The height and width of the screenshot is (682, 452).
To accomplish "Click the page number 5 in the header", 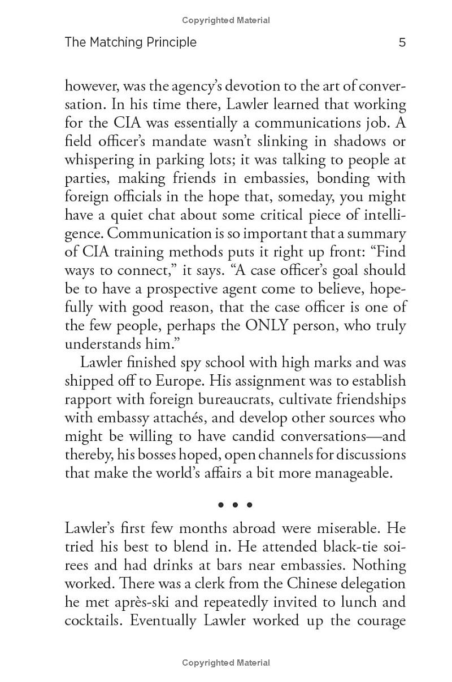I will pos(402,42).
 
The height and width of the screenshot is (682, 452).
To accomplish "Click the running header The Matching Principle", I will pos(131,42).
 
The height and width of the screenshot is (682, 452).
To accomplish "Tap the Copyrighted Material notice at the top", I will pos(226,20).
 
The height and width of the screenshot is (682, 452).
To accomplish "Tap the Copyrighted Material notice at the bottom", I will pos(226,663).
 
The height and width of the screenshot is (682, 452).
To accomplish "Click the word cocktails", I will pos(94,621).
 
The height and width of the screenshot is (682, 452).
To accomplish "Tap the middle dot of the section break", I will pos(234,505).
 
